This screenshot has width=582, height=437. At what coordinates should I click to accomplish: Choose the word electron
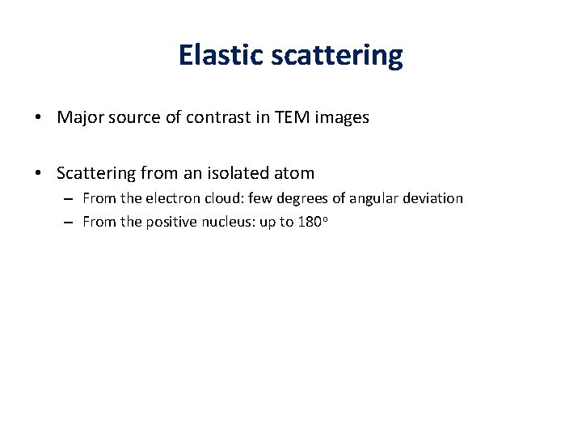pos(166,198)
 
